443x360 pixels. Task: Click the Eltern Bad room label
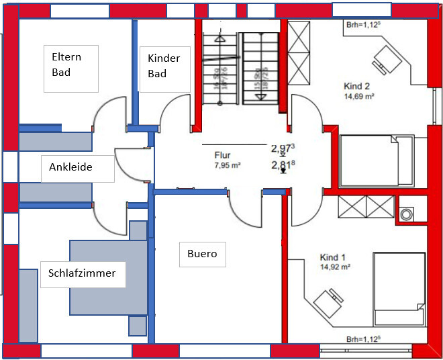tap(70, 64)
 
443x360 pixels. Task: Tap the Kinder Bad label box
tap(164, 65)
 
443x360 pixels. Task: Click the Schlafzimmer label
tap(83, 273)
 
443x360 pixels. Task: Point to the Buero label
tap(202, 254)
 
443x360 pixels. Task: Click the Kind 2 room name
tap(356, 86)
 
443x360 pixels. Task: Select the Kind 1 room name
tap(333, 257)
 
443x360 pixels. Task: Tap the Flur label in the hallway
tap(223, 155)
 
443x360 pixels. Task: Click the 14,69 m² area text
tap(359, 96)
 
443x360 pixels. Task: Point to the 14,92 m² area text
tap(336, 267)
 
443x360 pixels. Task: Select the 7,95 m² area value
tap(228, 165)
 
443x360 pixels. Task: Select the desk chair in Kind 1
tap(329, 300)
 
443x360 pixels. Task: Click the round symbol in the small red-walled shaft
tap(407, 214)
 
